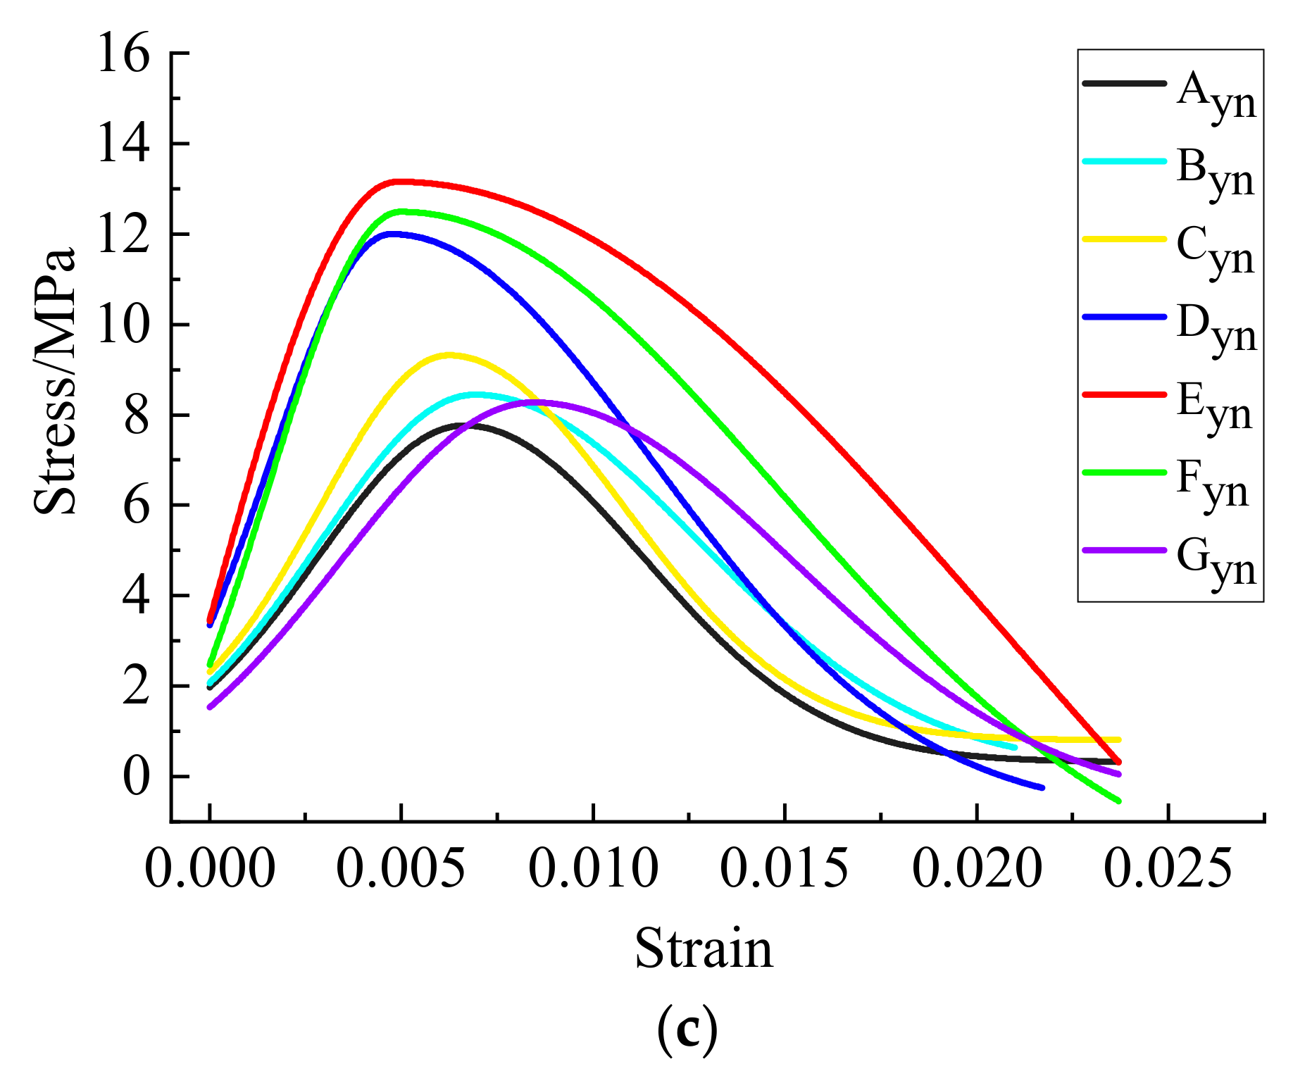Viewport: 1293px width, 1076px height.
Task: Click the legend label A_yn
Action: pyautogui.click(x=1216, y=97)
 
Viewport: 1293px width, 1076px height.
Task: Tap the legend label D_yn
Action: pyautogui.click(x=1216, y=330)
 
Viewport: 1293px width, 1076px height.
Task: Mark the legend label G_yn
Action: pyautogui.click(x=1216, y=563)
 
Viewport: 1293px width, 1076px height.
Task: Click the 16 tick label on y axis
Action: pyautogui.click(x=124, y=54)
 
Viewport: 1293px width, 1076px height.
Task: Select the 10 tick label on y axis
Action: pyautogui.click(x=124, y=325)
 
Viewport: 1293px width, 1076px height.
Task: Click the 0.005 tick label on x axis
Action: pyautogui.click(x=401, y=868)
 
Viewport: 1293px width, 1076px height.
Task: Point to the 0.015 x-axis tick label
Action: pyautogui.click(x=784, y=868)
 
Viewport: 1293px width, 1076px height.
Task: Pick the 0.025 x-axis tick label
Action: pyautogui.click(x=1168, y=868)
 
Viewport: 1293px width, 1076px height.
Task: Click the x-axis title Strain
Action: pyautogui.click(x=704, y=949)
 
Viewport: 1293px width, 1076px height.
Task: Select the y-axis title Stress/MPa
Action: pyautogui.click(x=55, y=380)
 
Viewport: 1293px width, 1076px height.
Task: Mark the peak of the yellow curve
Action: pyautogui.click(x=449, y=355)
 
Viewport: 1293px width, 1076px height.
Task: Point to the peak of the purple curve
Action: pyautogui.click(x=539, y=401)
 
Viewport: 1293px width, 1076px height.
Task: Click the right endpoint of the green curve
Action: pyautogui.click(x=1118, y=801)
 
